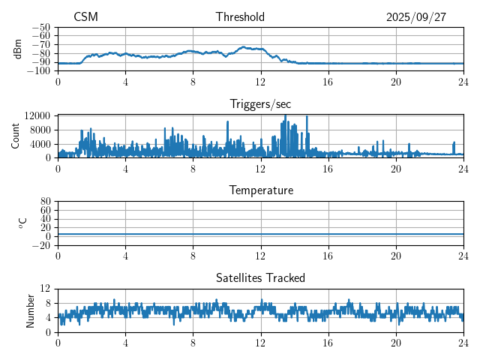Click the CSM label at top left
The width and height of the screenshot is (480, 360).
85,17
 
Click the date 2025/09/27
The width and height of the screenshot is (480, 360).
416,17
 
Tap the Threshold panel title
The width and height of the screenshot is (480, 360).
240,17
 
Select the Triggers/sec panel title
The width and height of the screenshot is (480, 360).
260,104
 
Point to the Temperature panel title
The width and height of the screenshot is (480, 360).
260,190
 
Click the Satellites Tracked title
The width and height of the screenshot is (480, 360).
260,277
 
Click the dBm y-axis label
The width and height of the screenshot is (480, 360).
18,49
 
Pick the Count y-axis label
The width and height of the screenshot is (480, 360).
16,136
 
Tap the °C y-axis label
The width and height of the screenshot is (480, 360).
22,223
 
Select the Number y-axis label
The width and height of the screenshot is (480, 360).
30,310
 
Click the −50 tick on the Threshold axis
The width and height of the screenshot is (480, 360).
42,27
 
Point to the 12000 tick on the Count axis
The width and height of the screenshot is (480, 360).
37,115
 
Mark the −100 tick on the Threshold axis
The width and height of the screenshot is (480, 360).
40,71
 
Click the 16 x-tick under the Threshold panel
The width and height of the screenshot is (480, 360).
328,82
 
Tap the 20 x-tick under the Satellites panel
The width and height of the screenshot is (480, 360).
396,343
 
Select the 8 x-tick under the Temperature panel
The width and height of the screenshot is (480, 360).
193,256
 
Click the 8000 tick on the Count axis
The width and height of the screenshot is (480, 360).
39,129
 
